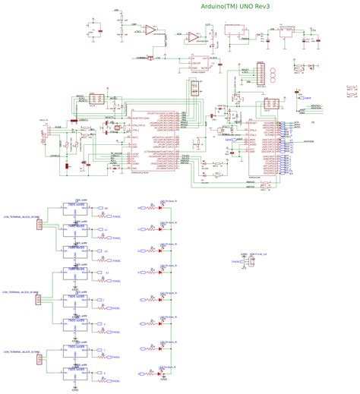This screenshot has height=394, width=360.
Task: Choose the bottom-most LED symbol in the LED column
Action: point(159,374)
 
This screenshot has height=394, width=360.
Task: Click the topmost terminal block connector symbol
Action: point(38,223)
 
